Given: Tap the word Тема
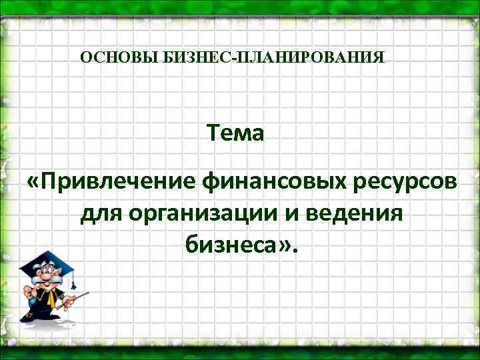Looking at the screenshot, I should (x=235, y=133).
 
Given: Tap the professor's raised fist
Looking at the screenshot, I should (x=27, y=290).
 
